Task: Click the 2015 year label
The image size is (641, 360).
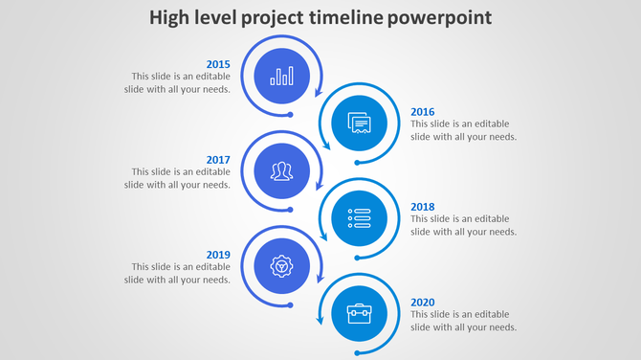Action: tap(218, 65)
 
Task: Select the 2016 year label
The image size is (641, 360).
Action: tap(422, 112)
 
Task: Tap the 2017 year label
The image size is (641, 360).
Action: tap(218, 160)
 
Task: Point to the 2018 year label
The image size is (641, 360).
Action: tap(422, 207)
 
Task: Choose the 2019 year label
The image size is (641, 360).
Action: tap(218, 255)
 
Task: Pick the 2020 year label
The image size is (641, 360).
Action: tap(422, 303)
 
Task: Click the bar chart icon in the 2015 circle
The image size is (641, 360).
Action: tap(281, 76)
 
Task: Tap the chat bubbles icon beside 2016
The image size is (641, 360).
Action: tap(359, 124)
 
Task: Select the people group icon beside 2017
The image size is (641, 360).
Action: tap(281, 171)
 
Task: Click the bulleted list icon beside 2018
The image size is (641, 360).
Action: tap(359, 218)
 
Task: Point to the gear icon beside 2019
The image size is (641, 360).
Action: tap(281, 265)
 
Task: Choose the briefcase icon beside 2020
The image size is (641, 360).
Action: tap(359, 313)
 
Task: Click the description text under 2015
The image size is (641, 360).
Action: tap(177, 83)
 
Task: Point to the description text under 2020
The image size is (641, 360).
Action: tap(464, 321)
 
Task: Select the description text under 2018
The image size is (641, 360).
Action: tap(464, 225)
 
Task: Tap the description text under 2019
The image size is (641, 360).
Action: tap(177, 273)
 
